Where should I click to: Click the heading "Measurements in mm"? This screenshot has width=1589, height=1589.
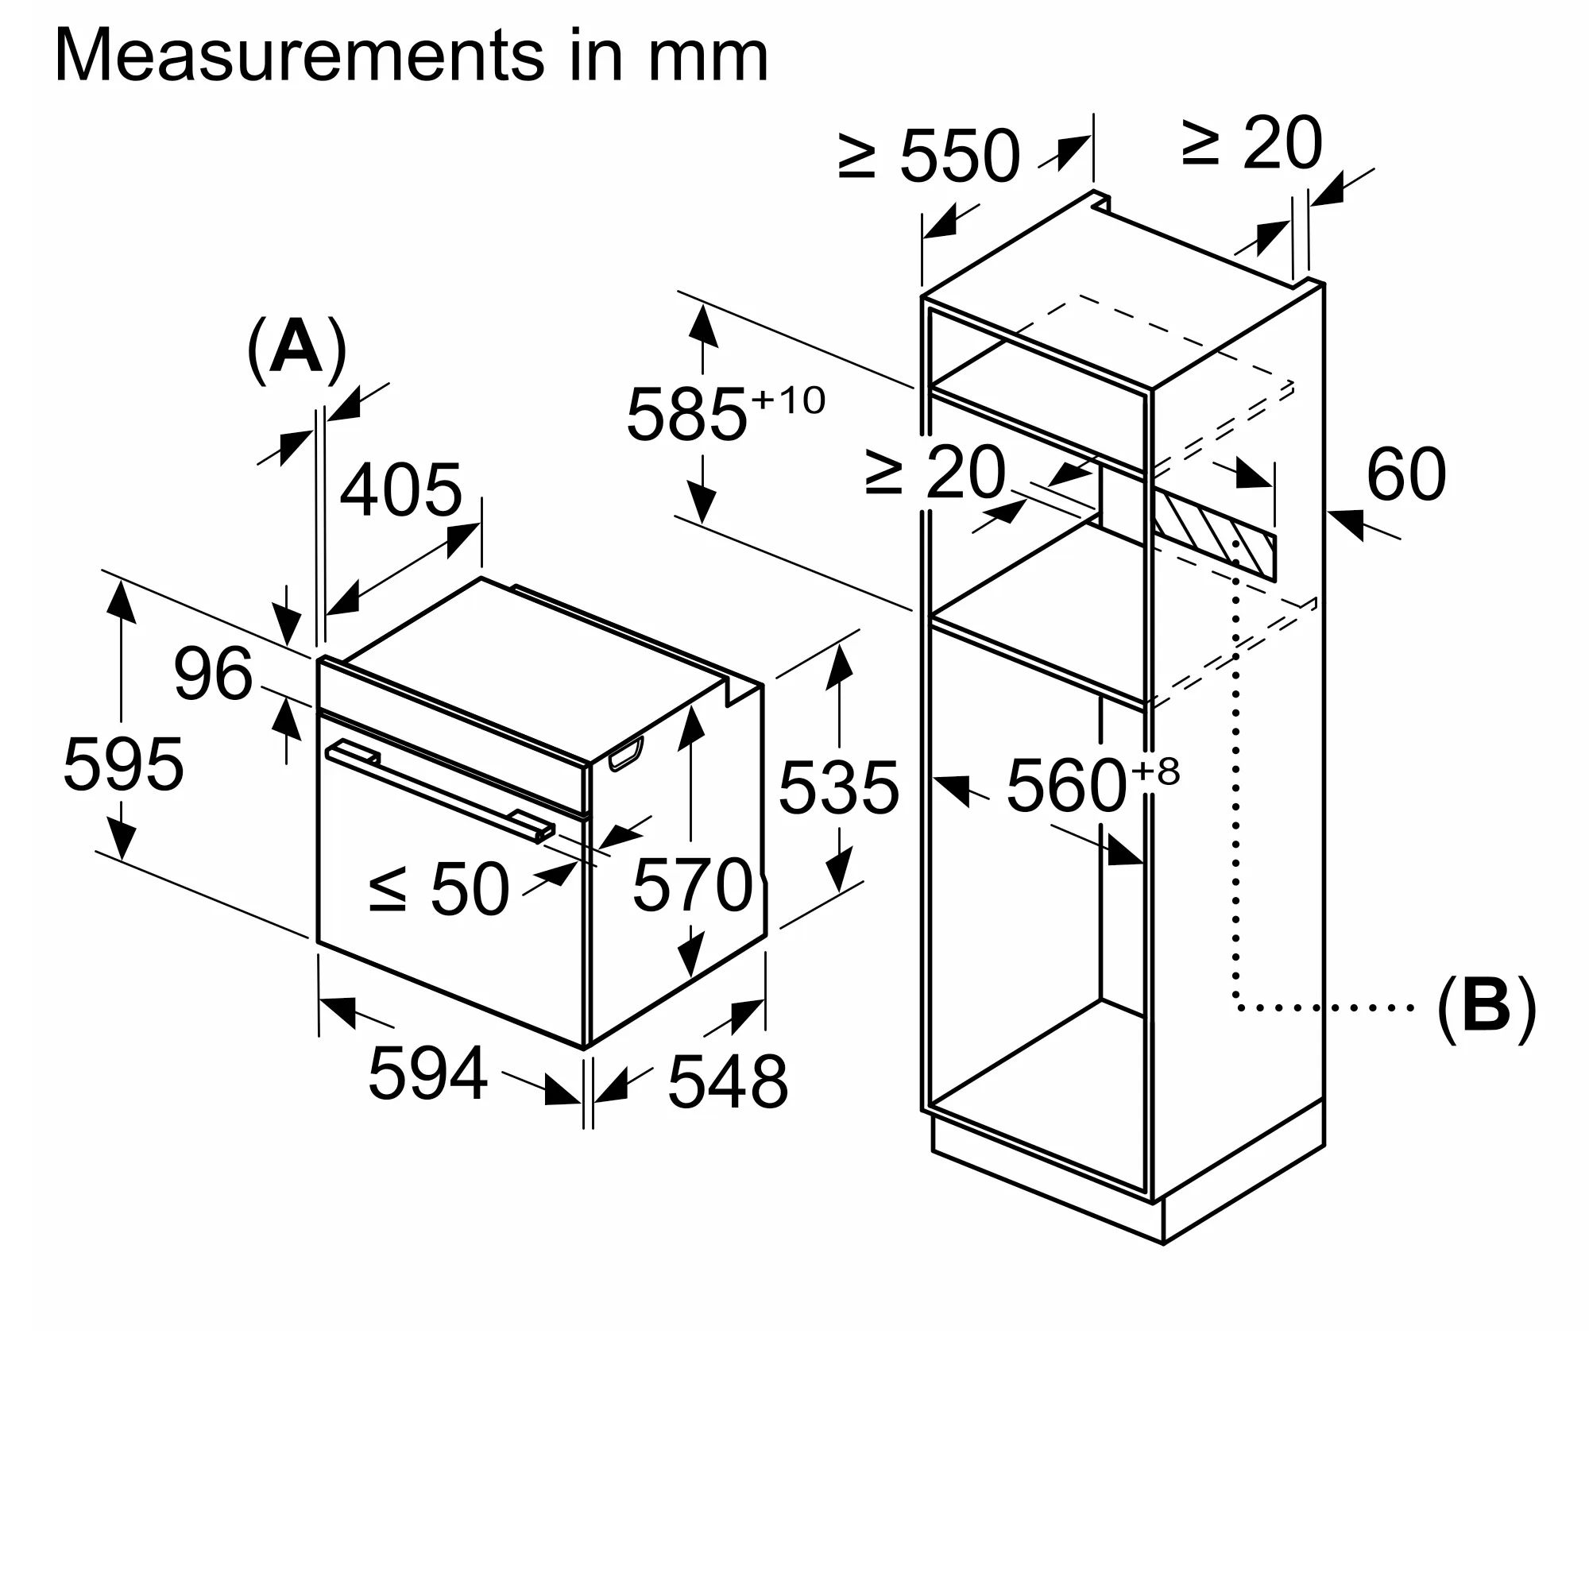pos(412,56)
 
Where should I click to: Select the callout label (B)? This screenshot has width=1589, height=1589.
pos(1486,1009)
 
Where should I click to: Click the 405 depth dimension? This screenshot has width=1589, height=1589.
pos(400,490)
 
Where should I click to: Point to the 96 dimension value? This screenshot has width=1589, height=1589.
pos(213,675)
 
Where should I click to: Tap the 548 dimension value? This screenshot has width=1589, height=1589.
pos(728,1082)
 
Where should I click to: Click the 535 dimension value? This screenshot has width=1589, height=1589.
pos(839,788)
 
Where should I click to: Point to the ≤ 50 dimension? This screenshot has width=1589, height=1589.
pos(439,889)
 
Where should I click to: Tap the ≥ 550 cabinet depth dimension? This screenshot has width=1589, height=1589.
pos(930,156)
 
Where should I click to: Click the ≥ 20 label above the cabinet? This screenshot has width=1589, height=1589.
pos(1252,143)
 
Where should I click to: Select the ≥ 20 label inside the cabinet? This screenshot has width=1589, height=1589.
pos(935,472)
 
